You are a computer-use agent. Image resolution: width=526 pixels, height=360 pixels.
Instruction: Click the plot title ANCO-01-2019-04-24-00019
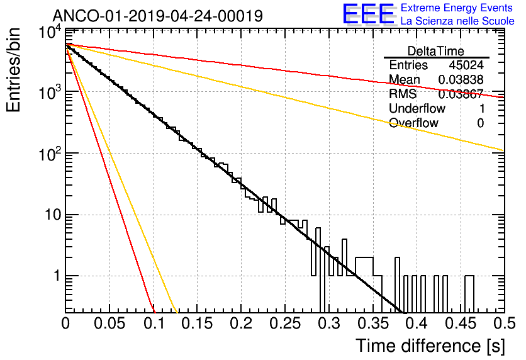[158, 16]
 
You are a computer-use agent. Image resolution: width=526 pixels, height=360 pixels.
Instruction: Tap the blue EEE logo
[369, 14]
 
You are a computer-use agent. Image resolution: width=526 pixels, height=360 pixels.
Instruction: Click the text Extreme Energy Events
[456, 8]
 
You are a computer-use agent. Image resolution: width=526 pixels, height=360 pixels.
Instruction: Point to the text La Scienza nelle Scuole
[457, 21]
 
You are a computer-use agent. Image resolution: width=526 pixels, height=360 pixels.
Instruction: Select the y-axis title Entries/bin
[13, 70]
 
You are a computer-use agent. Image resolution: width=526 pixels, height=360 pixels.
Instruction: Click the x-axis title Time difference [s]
[430, 346]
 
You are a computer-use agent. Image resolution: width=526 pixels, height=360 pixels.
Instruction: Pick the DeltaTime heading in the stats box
[436, 51]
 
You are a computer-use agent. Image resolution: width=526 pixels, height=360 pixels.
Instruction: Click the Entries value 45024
[466, 65]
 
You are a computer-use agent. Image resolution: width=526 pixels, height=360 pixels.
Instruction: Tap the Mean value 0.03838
[461, 79]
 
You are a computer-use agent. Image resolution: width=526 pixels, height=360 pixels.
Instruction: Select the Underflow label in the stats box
[417, 108]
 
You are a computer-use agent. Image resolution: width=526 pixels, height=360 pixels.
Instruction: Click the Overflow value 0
[480, 123]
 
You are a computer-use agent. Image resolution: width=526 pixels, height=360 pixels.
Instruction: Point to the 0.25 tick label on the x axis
[285, 323]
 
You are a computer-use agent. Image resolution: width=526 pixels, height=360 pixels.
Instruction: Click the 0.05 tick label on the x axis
[109, 323]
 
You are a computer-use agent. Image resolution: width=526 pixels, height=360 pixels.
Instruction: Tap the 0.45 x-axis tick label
[461, 323]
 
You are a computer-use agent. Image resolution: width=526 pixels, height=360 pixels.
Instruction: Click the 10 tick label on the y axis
[53, 215]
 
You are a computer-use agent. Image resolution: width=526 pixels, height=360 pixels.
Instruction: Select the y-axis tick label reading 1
[57, 276]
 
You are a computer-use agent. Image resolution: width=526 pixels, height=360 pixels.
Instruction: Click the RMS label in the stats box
[403, 94]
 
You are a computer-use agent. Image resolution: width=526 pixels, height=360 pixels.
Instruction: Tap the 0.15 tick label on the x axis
[198, 323]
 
